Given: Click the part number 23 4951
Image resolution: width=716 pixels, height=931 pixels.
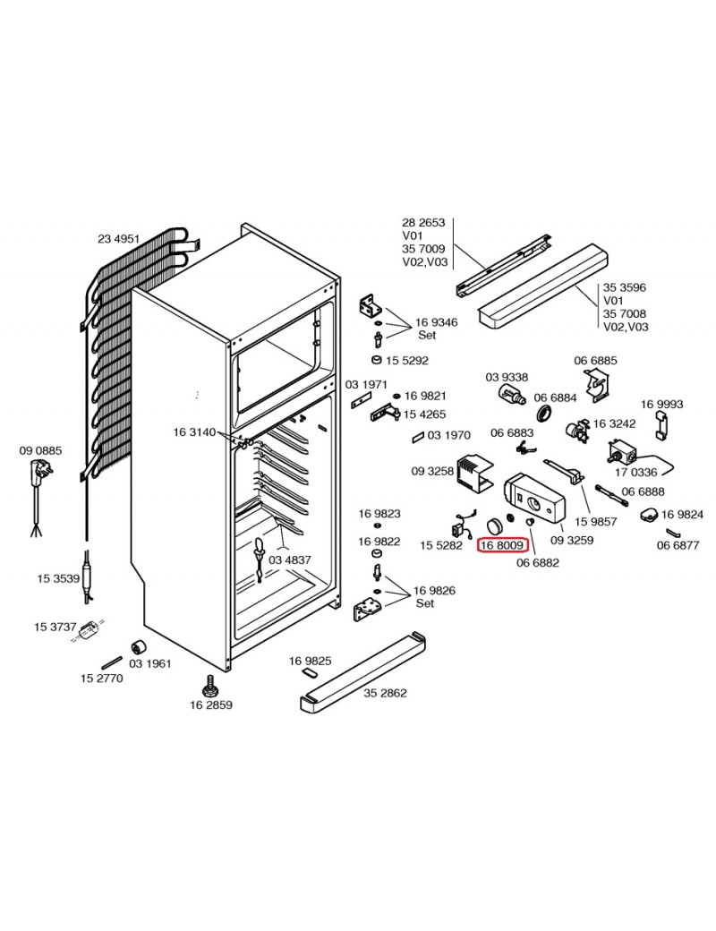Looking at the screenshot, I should [x=119, y=238].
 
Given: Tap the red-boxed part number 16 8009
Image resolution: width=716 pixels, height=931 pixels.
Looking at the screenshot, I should [x=504, y=544].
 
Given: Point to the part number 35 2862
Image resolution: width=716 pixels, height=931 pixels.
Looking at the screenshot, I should [x=386, y=692].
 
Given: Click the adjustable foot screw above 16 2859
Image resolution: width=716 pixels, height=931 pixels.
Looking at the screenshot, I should [x=210, y=688].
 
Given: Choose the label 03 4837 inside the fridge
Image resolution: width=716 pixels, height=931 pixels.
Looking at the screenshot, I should [x=290, y=560].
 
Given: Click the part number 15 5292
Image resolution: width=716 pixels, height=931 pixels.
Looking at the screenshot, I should [x=407, y=361].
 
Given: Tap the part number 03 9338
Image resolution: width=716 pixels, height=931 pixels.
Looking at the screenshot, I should [x=507, y=377].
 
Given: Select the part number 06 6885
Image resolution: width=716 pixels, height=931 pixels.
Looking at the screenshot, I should [x=595, y=361].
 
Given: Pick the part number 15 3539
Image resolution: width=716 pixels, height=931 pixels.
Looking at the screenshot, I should [x=59, y=578].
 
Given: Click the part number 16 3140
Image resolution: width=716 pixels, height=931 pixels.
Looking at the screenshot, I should [x=194, y=432].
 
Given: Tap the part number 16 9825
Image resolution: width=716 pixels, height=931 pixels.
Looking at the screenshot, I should [x=311, y=661].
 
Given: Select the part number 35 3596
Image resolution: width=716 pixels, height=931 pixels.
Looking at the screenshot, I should [x=625, y=287].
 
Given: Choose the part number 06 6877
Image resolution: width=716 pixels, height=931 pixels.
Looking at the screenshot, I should [x=678, y=544].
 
